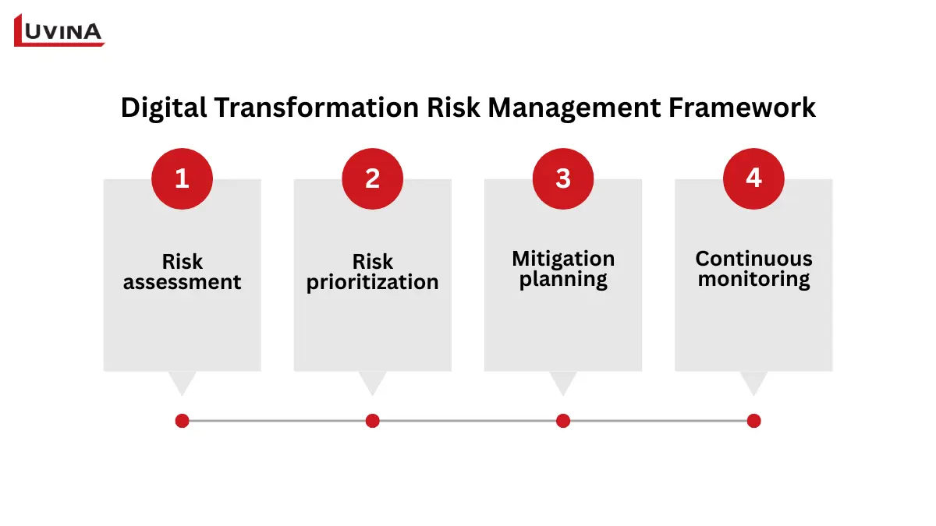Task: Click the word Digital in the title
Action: (163, 108)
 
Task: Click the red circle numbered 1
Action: (182, 178)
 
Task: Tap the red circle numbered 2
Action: (372, 178)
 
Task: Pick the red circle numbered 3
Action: (562, 178)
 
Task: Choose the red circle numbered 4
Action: (753, 178)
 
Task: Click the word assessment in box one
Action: (182, 282)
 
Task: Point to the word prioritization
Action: (372, 282)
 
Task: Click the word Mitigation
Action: (562, 258)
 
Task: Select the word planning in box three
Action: (562, 280)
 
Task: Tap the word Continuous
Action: (753, 258)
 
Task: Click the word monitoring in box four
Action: (753, 279)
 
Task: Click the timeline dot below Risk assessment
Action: (182, 421)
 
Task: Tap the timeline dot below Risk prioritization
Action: (372, 421)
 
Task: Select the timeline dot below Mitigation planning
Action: (562, 421)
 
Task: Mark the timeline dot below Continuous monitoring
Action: (753, 421)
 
